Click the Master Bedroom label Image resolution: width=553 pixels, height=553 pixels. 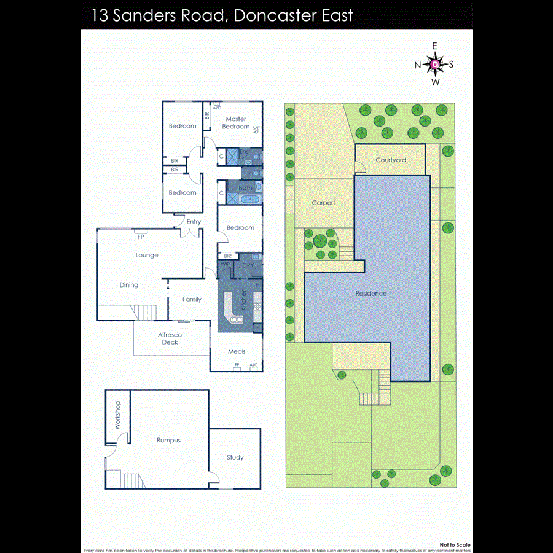click(236, 122)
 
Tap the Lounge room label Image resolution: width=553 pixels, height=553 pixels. click(147, 255)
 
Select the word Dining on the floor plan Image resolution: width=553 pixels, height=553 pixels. click(129, 285)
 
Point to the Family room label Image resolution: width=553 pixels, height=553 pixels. click(192, 299)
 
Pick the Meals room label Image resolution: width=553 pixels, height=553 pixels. click(237, 351)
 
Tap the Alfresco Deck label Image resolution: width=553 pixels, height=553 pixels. click(170, 339)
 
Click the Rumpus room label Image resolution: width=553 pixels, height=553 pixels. click(168, 440)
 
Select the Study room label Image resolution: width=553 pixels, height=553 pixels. click(235, 457)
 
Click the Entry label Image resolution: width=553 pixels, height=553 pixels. click(194, 222)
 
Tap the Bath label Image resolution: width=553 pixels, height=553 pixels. click(245, 188)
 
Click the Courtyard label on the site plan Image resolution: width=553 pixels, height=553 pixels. click(391, 160)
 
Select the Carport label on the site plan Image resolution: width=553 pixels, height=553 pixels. click(323, 202)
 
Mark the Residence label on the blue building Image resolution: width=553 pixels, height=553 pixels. click(371, 293)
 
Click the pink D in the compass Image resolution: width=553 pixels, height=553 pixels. click(435, 64)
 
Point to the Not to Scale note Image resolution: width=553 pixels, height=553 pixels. click(455, 545)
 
